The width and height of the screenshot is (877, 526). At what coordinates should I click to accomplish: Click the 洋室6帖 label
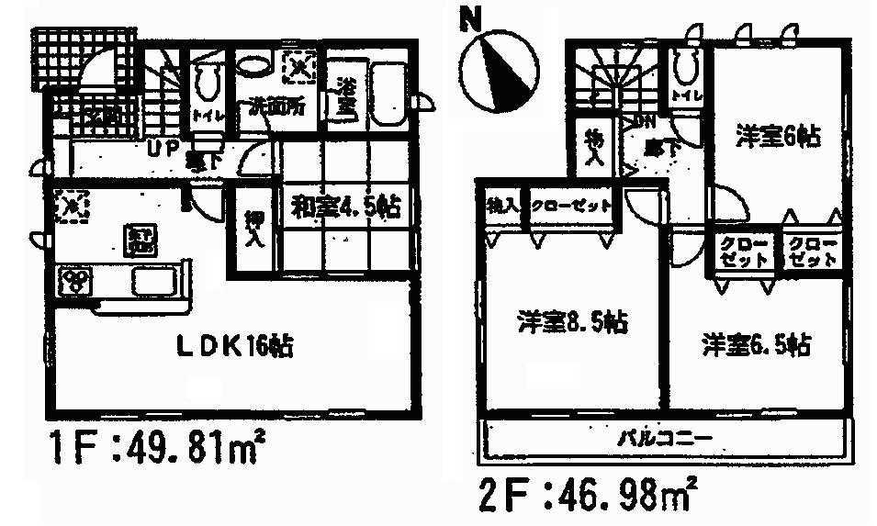(776, 137)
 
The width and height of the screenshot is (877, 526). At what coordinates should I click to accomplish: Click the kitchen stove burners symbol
(74, 280)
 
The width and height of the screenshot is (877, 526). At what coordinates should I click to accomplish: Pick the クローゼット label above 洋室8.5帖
(571, 206)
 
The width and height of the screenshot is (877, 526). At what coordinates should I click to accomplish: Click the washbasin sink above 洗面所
(251, 64)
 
